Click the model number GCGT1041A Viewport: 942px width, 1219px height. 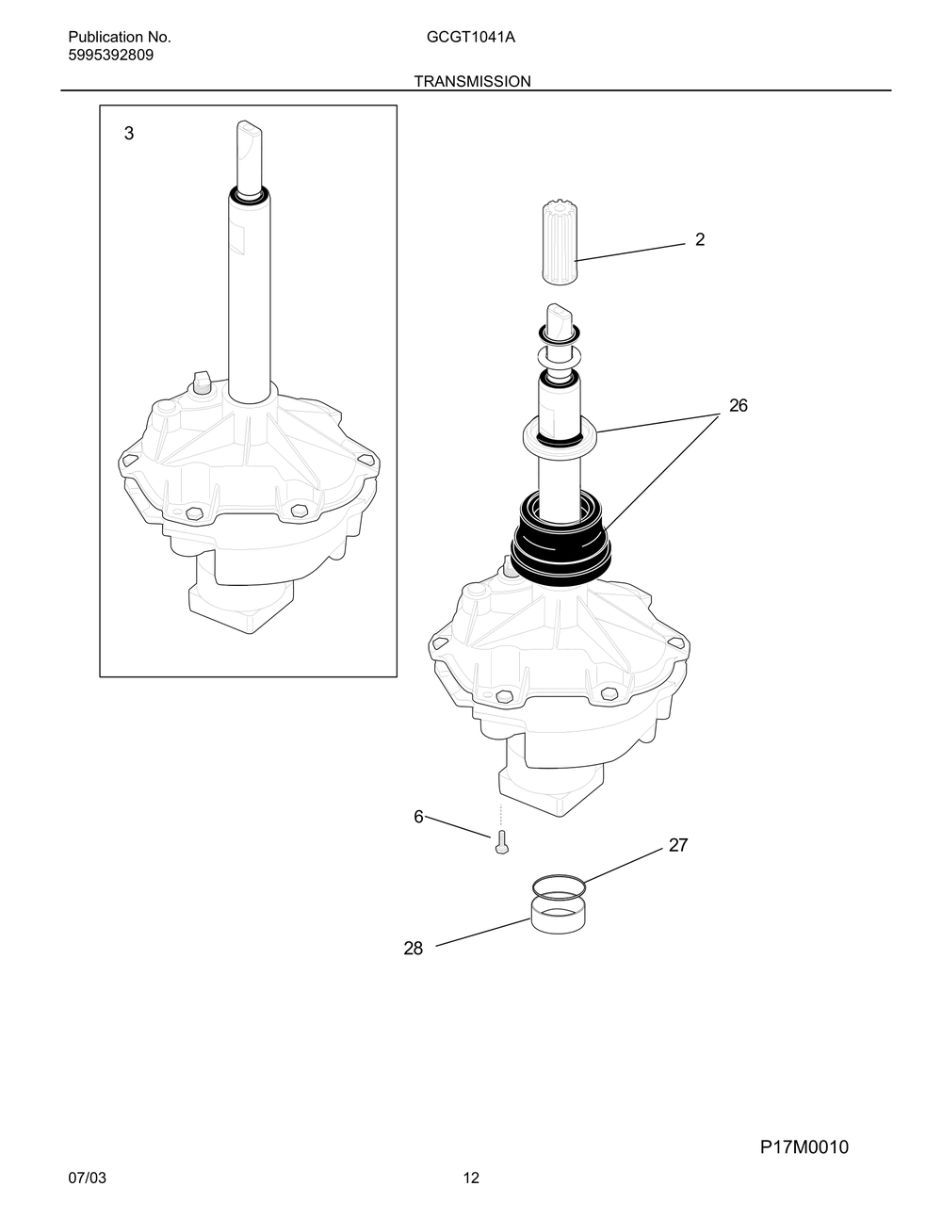pos(470,37)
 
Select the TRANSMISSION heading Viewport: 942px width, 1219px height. pos(472,81)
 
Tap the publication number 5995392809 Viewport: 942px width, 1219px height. pos(110,55)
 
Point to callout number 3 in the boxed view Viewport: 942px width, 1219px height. pos(129,134)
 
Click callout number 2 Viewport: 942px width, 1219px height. pos(700,239)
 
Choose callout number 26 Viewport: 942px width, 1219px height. pos(738,406)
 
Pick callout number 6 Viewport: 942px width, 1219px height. pos(418,817)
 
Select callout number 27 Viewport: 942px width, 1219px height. pos(678,845)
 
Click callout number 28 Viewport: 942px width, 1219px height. pos(414,949)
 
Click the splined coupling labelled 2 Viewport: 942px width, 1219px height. pos(559,245)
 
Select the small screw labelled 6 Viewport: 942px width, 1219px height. pos(502,842)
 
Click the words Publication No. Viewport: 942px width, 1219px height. pos(120,37)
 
